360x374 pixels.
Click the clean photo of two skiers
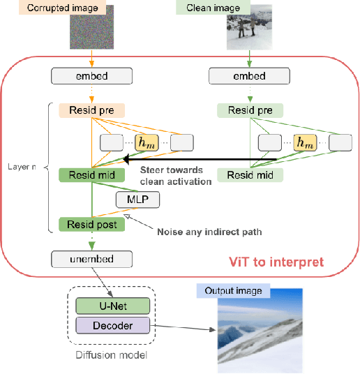click(245, 31)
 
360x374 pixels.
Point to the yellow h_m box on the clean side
click(303, 143)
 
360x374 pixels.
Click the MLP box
click(137, 200)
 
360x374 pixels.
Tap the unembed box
click(92, 260)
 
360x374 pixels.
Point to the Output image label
click(232, 290)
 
